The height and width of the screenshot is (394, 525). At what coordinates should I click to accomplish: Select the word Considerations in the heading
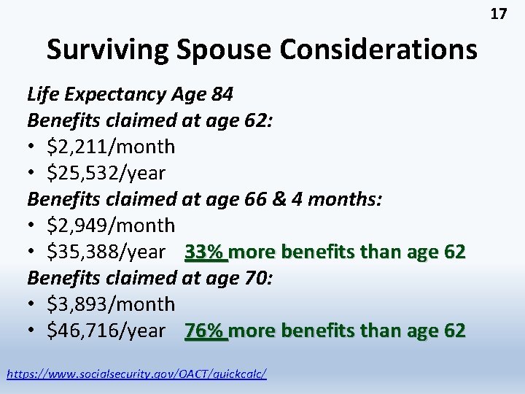(380, 50)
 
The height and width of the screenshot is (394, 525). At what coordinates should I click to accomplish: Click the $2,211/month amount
(110, 147)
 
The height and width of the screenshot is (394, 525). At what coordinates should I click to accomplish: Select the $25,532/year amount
(106, 173)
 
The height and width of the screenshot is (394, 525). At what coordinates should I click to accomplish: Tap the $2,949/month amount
(110, 225)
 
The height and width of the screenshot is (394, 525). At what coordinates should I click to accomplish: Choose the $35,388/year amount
(106, 252)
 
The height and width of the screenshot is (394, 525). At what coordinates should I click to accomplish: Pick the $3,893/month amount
(110, 304)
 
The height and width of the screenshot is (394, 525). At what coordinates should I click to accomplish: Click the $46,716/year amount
(106, 331)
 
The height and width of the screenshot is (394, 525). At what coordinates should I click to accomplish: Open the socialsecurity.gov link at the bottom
(136, 374)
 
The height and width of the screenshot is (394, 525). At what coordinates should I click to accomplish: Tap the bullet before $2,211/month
(34, 147)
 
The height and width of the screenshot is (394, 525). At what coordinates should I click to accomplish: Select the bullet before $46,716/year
(34, 331)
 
